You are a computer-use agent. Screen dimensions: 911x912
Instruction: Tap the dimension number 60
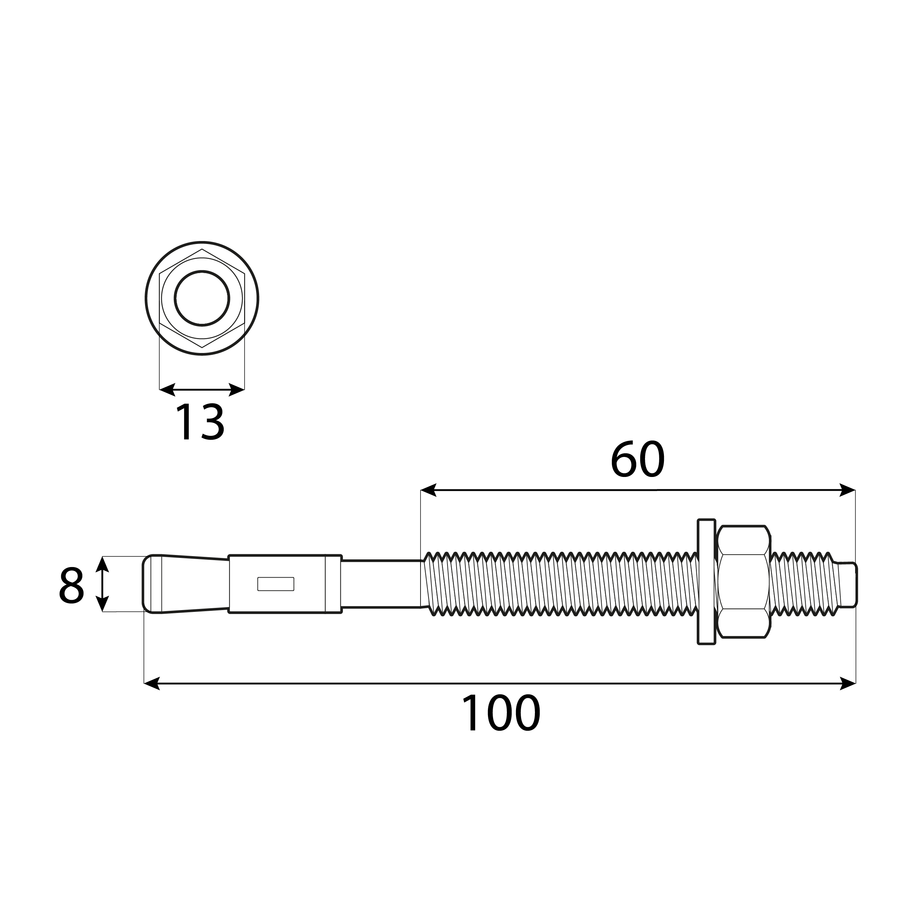637,459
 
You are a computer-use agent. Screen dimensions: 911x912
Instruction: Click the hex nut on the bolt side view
743,582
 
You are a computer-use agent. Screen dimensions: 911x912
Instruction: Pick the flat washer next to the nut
706,582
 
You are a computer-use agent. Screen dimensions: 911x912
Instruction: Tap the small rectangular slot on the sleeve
275,584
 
